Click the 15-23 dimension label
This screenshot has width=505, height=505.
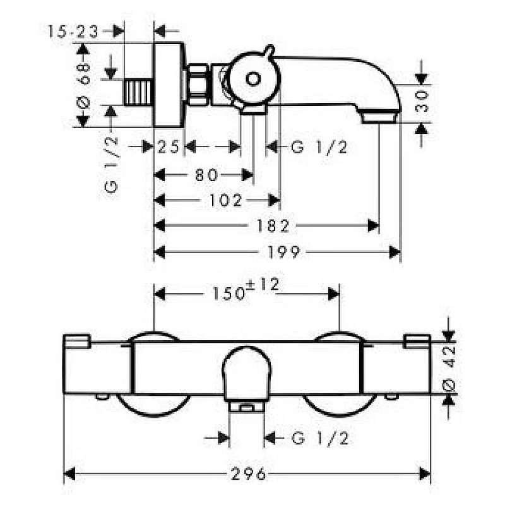73,31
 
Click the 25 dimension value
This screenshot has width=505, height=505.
168,148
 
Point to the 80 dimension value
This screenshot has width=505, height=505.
206,174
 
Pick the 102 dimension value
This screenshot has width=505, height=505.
224,201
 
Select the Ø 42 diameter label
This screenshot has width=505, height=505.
449,372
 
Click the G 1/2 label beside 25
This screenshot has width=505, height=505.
319,148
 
